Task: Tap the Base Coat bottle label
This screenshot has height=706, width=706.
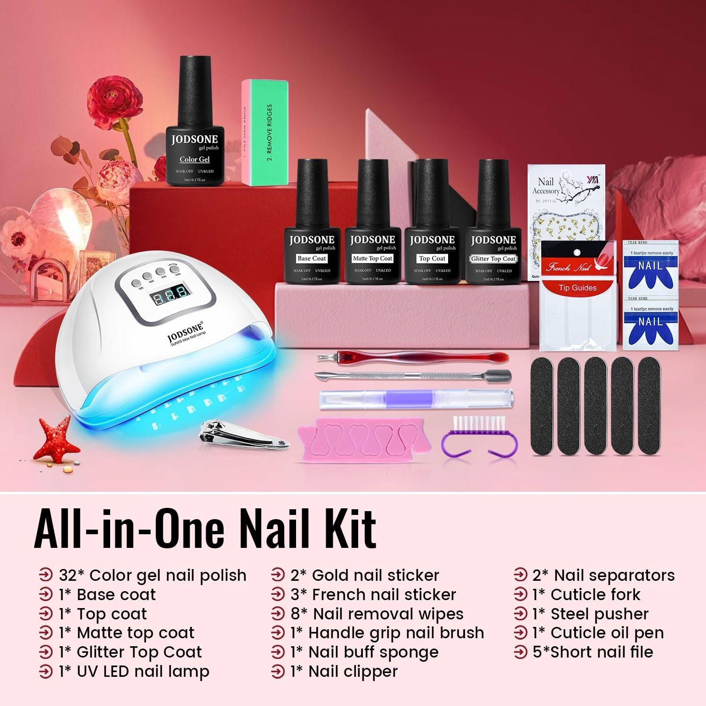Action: coord(312,258)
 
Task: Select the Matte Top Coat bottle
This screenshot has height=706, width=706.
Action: coord(372,226)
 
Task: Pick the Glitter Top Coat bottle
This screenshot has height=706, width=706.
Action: coord(493,226)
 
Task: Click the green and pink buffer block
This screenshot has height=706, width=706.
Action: coord(265,133)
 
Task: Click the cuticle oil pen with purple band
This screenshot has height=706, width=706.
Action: coord(416,399)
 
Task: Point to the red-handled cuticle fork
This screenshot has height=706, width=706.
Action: coord(412,358)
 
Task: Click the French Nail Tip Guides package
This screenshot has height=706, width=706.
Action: coord(578,296)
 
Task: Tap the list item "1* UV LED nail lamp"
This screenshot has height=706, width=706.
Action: coord(134,672)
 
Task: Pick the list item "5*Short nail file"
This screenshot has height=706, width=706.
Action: coord(593,652)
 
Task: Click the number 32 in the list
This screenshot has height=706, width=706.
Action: coord(68,576)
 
